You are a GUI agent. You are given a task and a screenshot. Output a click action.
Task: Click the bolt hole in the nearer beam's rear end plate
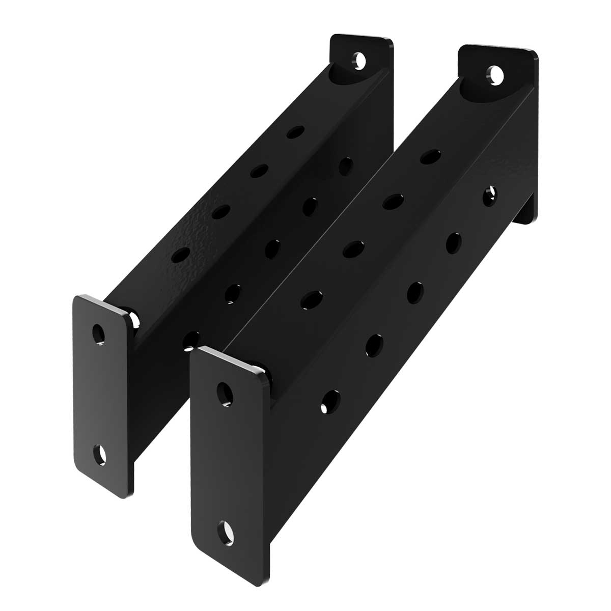click(x=494, y=74)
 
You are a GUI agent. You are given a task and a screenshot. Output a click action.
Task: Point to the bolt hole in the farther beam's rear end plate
click(x=360, y=60)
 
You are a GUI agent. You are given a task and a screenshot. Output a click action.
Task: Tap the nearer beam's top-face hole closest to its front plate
click(x=312, y=299)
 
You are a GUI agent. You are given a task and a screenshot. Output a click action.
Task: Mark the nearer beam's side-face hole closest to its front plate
click(x=330, y=401)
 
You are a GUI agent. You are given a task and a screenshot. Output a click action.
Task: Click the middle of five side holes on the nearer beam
click(x=415, y=291)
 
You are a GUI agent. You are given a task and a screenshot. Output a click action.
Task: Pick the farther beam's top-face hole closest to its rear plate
click(x=294, y=132)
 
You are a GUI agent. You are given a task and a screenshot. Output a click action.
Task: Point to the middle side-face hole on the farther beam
click(x=273, y=247)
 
